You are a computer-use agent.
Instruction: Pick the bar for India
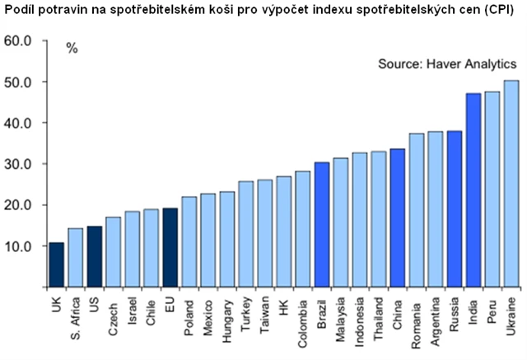coord(473,190)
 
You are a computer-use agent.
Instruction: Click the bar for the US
coord(94,256)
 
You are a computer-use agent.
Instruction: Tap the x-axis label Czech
coord(113,317)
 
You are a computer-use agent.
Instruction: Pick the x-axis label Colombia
coord(302,324)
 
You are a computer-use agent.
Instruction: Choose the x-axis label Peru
coord(492,313)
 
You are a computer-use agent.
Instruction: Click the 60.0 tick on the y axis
coord(17,41)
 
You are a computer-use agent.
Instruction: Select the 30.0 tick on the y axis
coord(17,164)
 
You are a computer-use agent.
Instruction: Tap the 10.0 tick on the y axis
coord(17,246)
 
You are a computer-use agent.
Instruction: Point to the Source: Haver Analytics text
coord(446,63)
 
